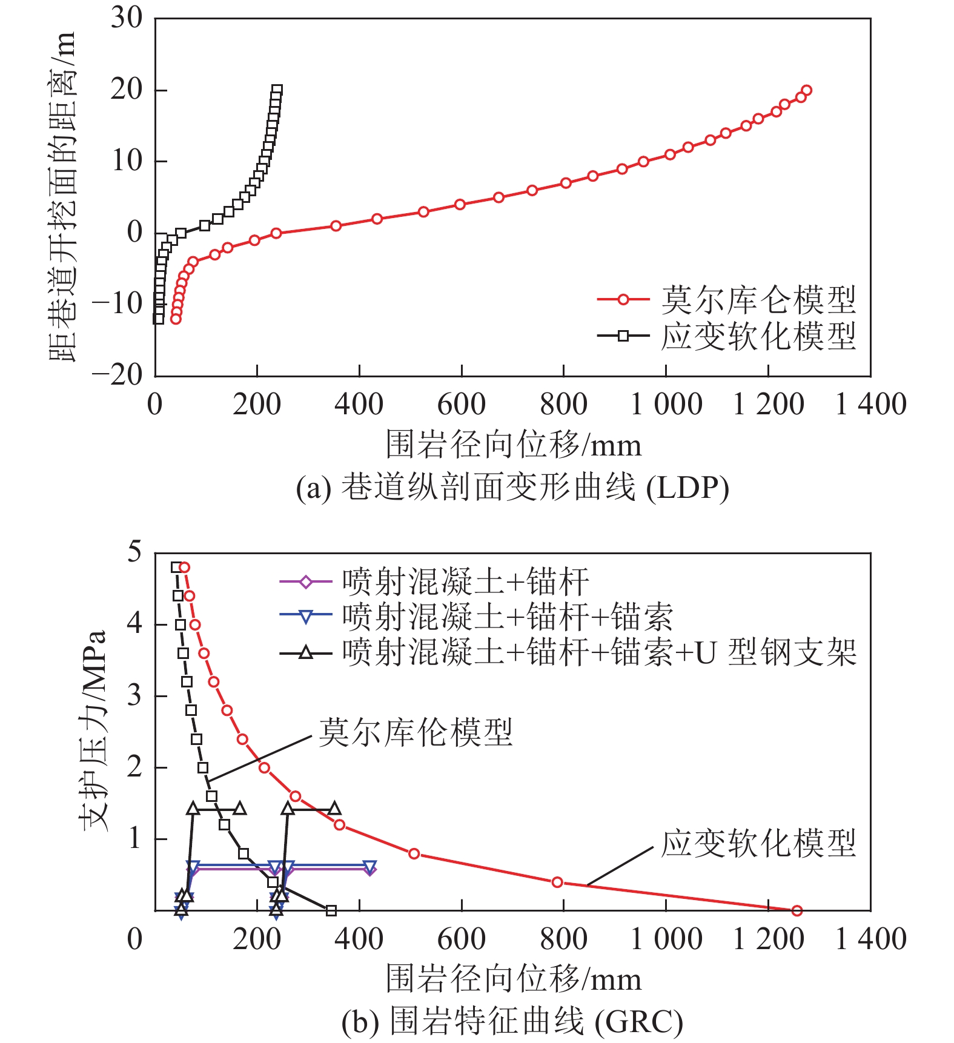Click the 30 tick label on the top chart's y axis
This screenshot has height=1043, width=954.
click(x=126, y=18)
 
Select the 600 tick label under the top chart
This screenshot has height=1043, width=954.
click(x=462, y=405)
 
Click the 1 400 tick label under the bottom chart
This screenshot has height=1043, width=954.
click(x=870, y=939)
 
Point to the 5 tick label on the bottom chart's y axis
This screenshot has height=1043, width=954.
click(x=134, y=552)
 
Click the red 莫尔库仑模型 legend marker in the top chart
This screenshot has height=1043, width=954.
click(x=623, y=299)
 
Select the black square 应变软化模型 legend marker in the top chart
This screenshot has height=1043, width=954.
click(x=623, y=335)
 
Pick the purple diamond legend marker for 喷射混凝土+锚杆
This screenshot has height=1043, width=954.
click(x=306, y=582)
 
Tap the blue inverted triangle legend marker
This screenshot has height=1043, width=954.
click(x=306, y=617)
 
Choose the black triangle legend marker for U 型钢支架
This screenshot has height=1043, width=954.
click(x=306, y=652)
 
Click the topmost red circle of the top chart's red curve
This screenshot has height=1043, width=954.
click(x=806, y=90)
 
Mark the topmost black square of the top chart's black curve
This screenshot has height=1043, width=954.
click(x=277, y=90)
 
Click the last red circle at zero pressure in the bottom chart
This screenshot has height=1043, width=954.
click(x=797, y=910)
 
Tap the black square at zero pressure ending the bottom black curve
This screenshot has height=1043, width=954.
click(x=331, y=910)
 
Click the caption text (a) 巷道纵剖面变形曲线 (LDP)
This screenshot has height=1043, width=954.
click(x=512, y=488)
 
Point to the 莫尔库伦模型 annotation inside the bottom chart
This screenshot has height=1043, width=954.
click(x=416, y=732)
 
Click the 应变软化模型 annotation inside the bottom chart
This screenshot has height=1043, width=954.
click(x=758, y=843)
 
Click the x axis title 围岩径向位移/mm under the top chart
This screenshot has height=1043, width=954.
click(x=513, y=445)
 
